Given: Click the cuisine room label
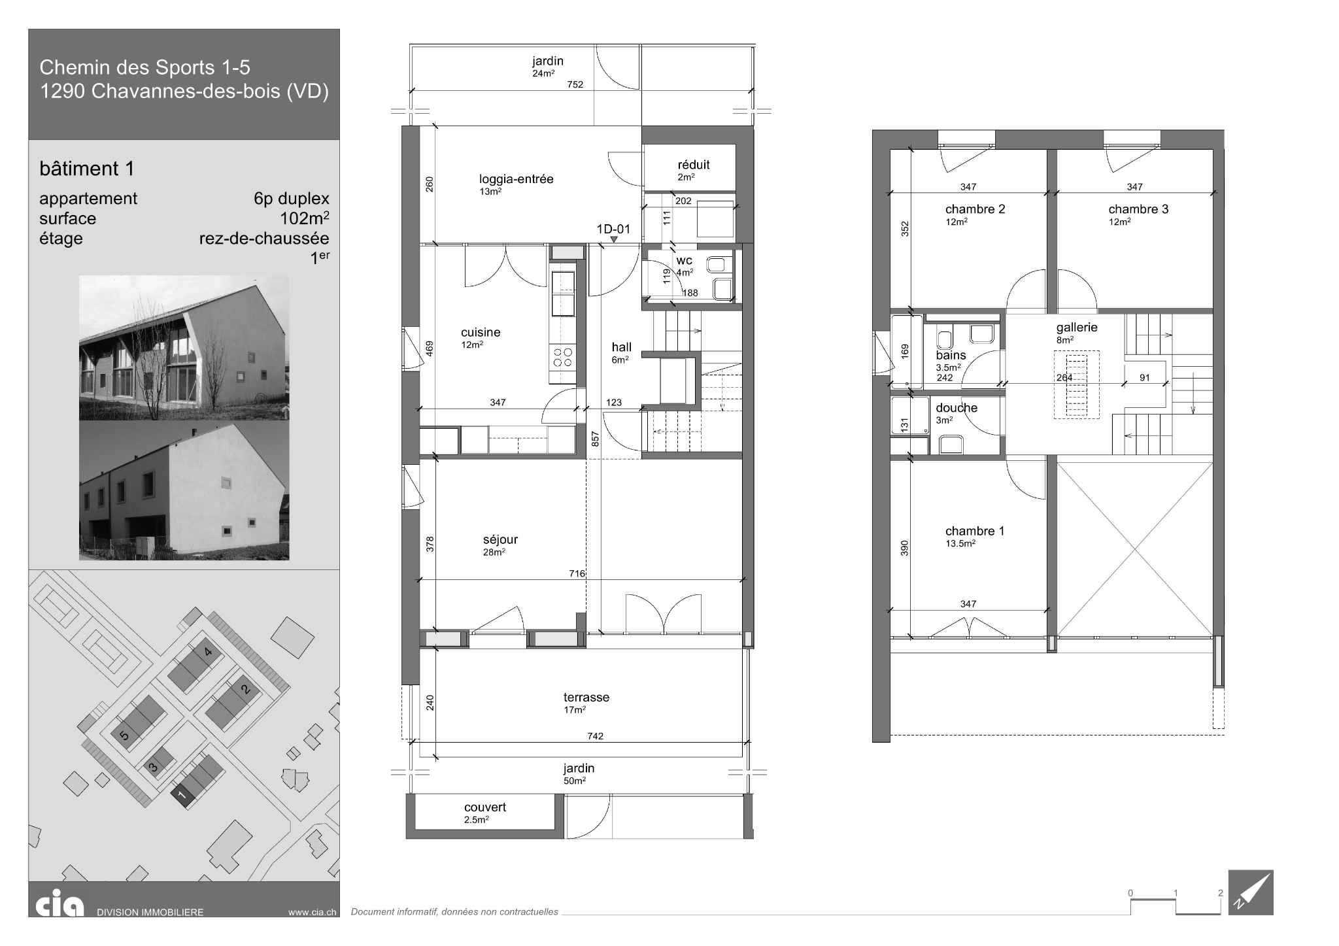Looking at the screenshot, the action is (x=481, y=332).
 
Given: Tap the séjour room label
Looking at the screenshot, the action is (x=500, y=539).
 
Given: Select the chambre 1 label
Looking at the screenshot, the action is (x=974, y=531).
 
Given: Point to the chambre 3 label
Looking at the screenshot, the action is (x=1138, y=209).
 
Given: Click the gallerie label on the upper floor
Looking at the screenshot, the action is (x=1077, y=328).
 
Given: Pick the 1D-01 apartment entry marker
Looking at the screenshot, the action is (x=613, y=229).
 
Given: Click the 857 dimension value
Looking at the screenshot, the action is (x=595, y=439).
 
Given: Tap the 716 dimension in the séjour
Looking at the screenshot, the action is (x=577, y=573).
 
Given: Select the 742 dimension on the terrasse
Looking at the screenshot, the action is (x=595, y=736).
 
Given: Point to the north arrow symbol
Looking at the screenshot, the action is (x=1251, y=892).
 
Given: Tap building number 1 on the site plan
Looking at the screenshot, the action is (x=182, y=796).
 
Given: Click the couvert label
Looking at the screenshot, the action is (x=485, y=807).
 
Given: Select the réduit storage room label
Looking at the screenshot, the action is (x=694, y=165).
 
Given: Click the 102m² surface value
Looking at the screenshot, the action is (x=305, y=218).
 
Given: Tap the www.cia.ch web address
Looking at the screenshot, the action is (x=312, y=912).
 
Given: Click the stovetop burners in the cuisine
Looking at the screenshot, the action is (x=563, y=357).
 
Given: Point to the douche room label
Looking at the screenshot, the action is (x=957, y=408).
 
